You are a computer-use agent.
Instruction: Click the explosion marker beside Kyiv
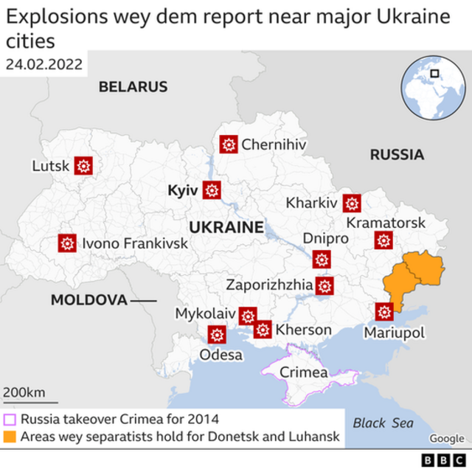212,190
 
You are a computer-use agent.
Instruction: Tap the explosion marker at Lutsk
83,166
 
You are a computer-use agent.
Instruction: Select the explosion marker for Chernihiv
229,145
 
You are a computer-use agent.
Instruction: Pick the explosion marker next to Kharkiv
353,203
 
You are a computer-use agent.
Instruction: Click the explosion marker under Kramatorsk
383,240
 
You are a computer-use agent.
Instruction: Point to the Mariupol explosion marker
384,312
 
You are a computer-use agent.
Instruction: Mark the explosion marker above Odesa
217,335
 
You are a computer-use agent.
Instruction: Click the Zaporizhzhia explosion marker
324,285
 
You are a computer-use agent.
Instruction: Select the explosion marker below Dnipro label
321,259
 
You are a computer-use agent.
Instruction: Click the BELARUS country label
133,87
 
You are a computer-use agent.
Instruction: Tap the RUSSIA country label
397,155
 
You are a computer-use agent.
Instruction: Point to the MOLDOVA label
88,300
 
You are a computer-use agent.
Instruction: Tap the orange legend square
10,437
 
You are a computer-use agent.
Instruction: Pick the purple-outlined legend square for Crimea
10,420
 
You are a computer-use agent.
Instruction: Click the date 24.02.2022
44,63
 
